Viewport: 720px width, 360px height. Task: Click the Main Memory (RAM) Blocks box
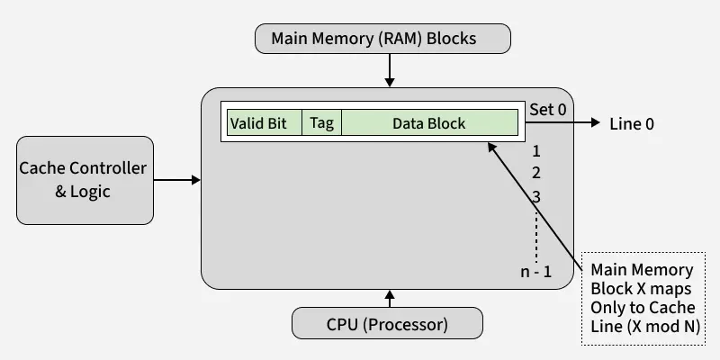[x=383, y=39]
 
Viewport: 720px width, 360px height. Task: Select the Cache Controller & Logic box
[x=84, y=179]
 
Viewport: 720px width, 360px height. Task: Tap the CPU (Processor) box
[x=386, y=322]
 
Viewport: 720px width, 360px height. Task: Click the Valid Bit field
[x=258, y=123]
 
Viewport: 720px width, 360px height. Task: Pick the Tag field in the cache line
[x=321, y=123]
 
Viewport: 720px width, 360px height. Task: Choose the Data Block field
[x=428, y=123]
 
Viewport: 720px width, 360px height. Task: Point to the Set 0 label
[x=547, y=110]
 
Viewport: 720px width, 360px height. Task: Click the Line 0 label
[x=632, y=124]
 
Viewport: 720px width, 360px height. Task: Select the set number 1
[x=535, y=151]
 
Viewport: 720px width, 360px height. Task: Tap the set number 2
[x=535, y=174]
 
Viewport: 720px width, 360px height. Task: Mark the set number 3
[x=535, y=196]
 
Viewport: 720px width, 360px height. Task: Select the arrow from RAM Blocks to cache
[x=390, y=69]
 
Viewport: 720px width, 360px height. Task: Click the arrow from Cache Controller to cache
[x=177, y=180]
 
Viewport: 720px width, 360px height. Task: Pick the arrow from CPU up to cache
[x=390, y=299]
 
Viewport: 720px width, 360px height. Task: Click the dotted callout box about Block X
[x=643, y=298]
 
